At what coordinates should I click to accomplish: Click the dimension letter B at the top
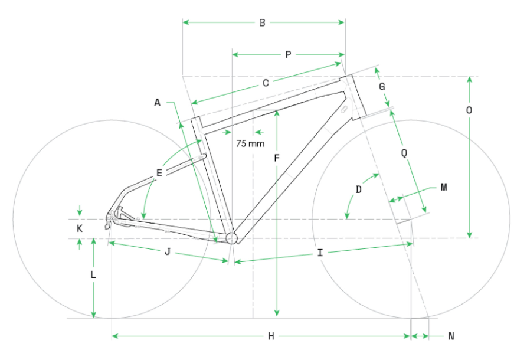click(263, 23)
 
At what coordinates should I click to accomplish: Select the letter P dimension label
click(288, 54)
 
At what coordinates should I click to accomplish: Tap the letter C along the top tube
click(266, 83)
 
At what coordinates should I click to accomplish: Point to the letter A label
click(158, 103)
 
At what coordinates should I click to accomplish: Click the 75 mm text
click(250, 143)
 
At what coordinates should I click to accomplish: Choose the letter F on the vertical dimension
click(277, 158)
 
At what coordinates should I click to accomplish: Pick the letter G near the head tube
click(382, 87)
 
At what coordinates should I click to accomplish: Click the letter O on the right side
click(469, 110)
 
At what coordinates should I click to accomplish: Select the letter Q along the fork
click(404, 153)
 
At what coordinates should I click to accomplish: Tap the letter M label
click(444, 187)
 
